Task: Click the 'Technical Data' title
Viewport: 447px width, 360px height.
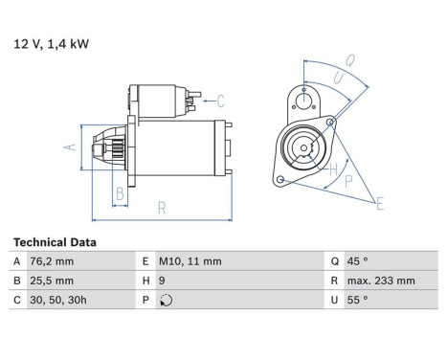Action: click(55, 243)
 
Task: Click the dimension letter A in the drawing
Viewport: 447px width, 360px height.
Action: click(68, 147)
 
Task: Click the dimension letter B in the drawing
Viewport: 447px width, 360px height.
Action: click(119, 195)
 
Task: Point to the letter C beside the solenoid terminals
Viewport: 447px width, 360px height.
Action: click(220, 101)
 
